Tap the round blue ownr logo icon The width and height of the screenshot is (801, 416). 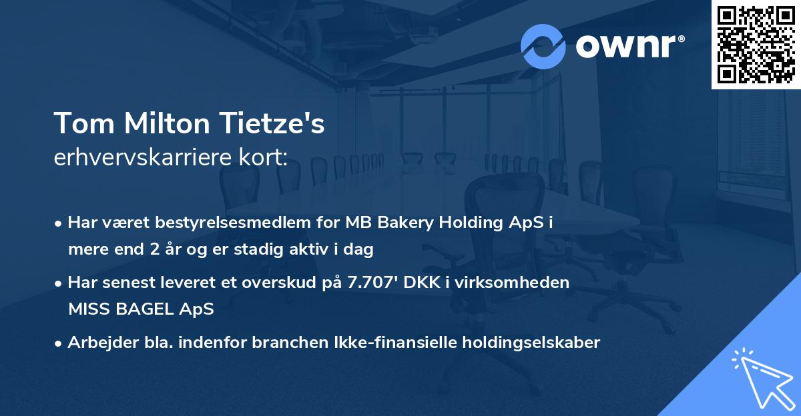click(543, 46)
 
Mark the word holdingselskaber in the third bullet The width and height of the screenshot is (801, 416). click(526, 343)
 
